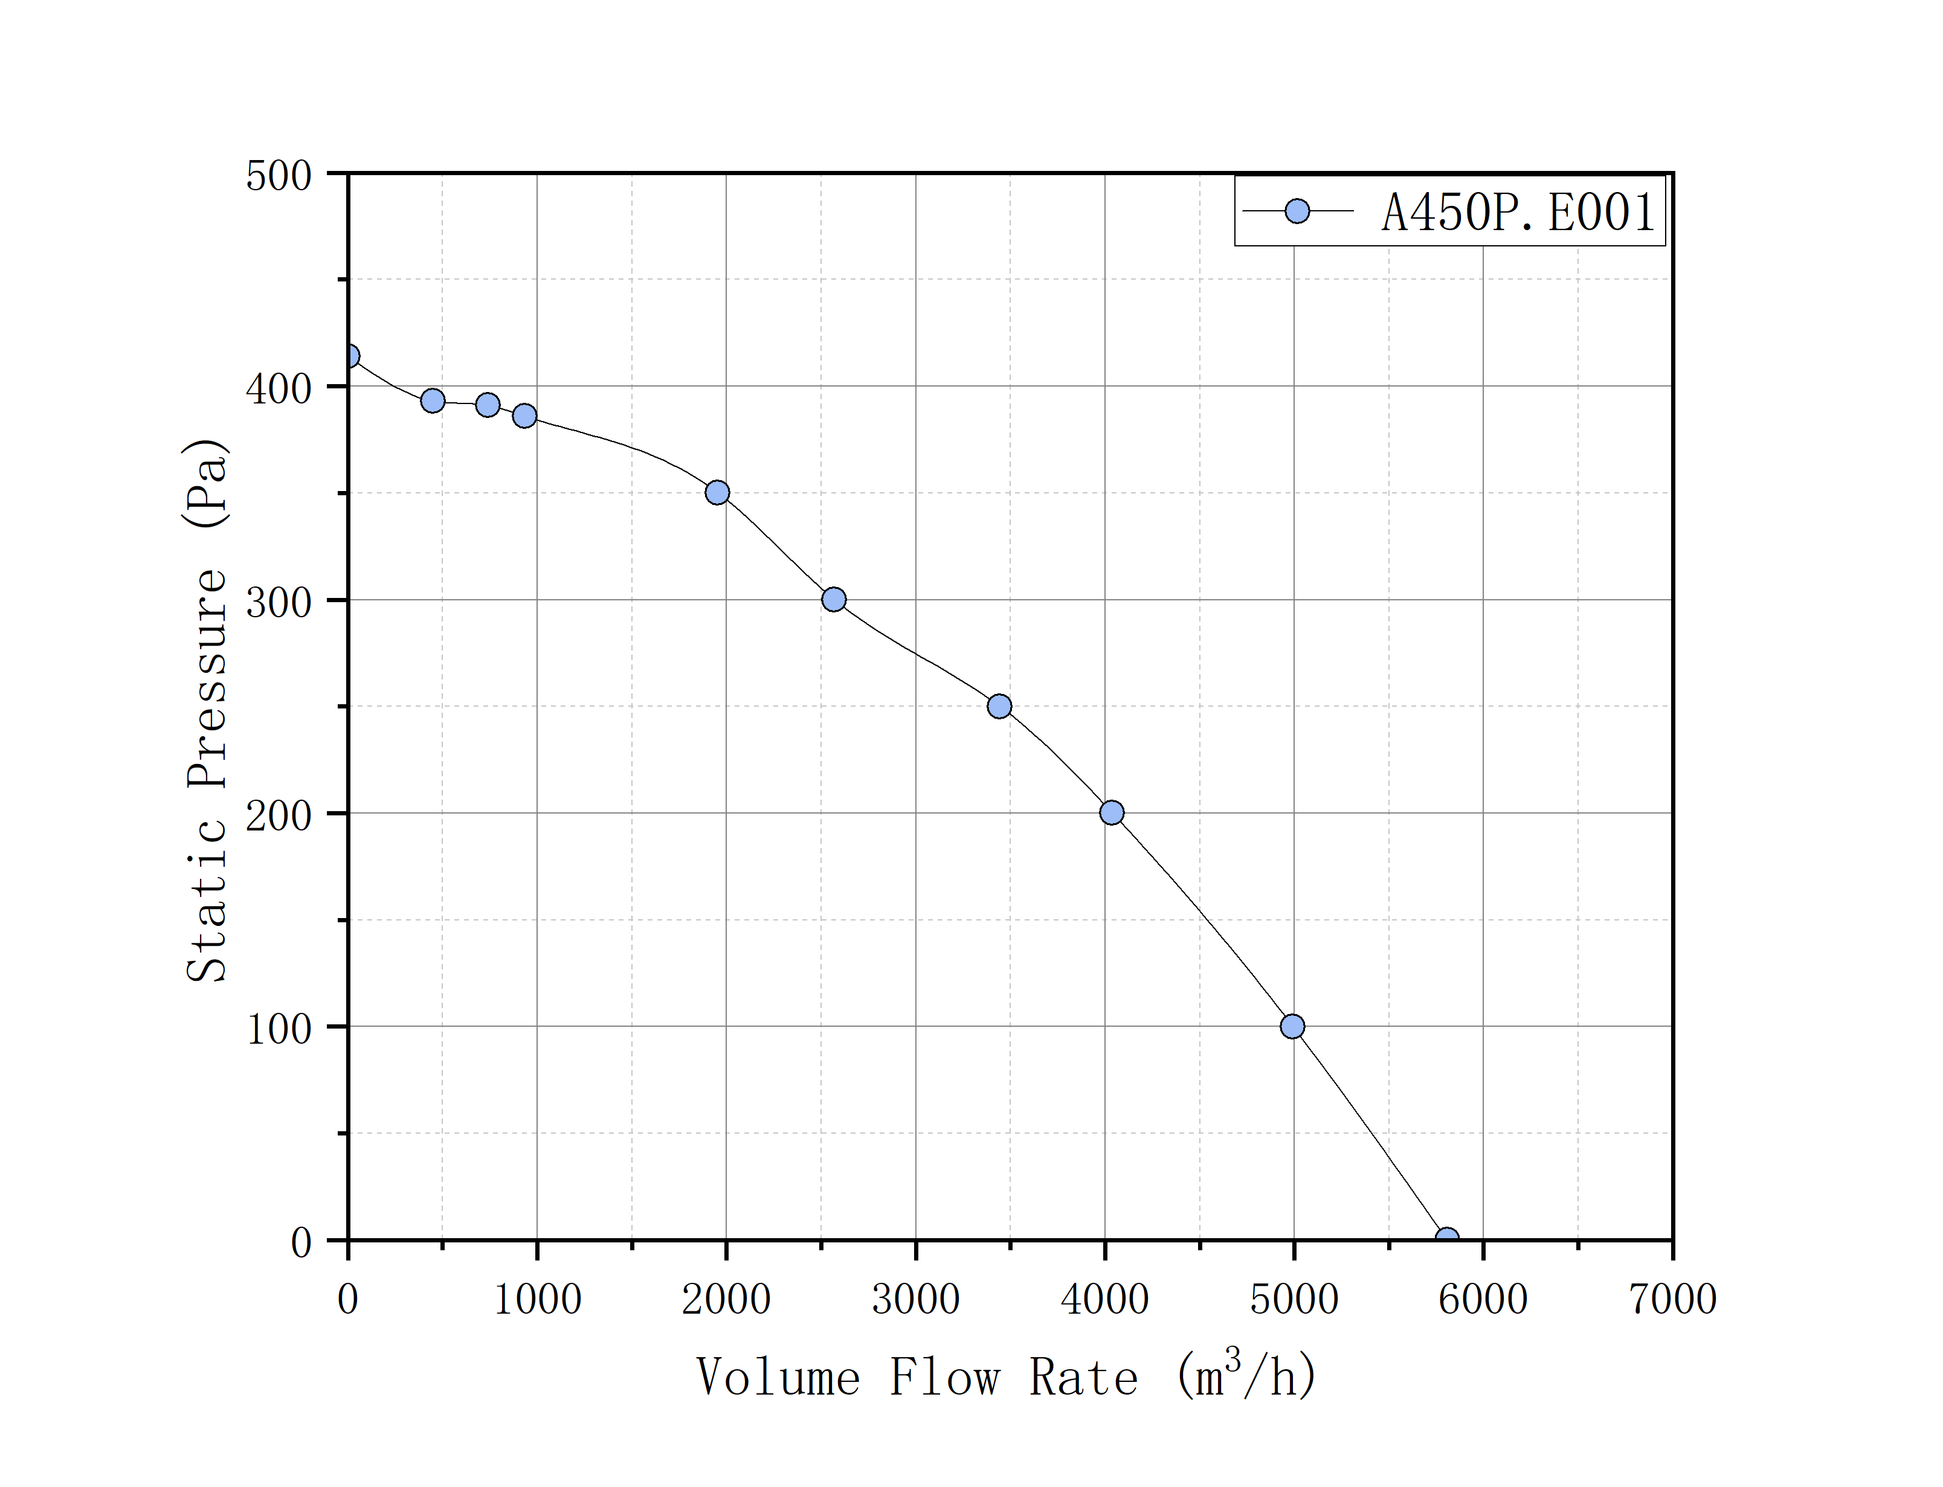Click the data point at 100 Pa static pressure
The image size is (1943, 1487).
1292,1027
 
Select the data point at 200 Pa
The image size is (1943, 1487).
1112,812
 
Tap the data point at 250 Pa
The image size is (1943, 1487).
999,706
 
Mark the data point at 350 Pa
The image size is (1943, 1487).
718,493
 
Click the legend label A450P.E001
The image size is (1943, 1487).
1518,213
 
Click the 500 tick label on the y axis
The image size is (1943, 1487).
279,176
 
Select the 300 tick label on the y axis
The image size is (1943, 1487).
279,603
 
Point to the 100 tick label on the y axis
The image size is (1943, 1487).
279,1029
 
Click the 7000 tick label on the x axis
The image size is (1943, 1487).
1672,1299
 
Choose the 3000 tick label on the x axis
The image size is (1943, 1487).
915,1299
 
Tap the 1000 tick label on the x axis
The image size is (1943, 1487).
537,1299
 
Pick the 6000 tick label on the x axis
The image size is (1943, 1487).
1483,1299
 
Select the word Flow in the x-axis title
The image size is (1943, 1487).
944,1378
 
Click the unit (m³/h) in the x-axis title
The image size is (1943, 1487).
1246,1376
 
